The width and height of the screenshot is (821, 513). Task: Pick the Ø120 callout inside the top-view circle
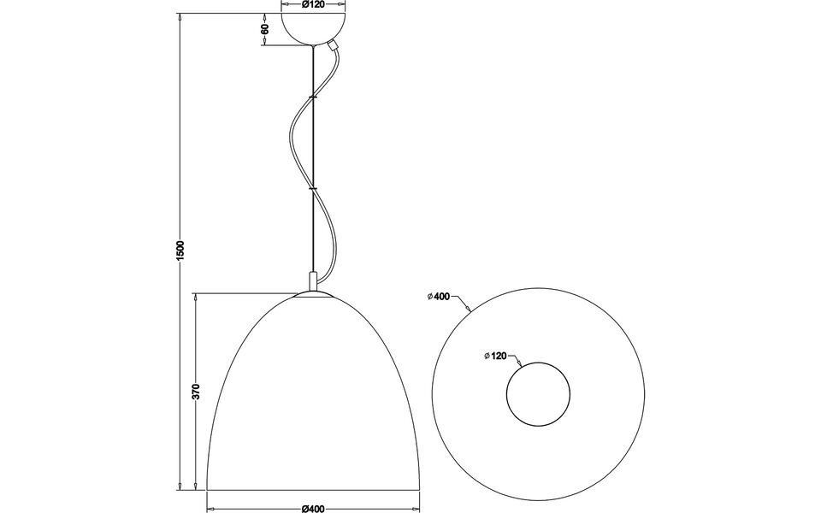point(496,356)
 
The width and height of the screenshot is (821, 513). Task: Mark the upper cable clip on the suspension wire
point(314,99)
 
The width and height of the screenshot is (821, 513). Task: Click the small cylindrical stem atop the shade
point(314,282)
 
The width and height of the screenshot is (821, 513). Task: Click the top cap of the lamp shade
point(314,296)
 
